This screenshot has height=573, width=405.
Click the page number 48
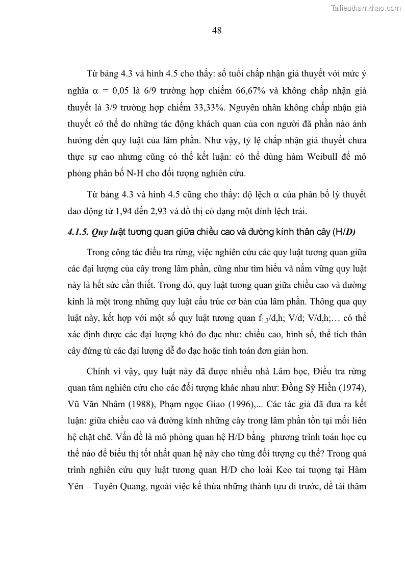[216, 30]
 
